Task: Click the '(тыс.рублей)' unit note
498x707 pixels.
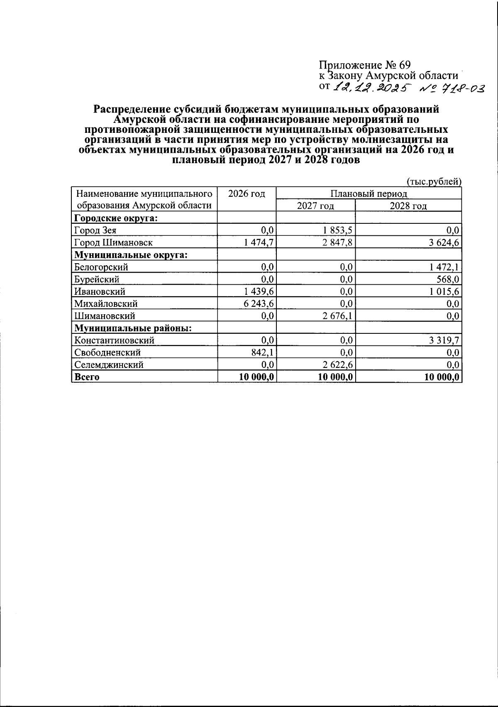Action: tap(434, 181)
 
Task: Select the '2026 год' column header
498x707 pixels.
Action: tap(247, 194)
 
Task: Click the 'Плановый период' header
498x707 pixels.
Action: tap(369, 194)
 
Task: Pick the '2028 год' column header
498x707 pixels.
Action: tap(408, 206)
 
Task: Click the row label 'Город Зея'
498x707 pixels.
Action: tap(95, 230)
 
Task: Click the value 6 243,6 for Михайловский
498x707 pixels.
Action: tap(259, 304)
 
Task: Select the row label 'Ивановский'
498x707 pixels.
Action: tap(100, 292)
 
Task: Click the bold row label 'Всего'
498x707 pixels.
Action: tap(87, 377)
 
